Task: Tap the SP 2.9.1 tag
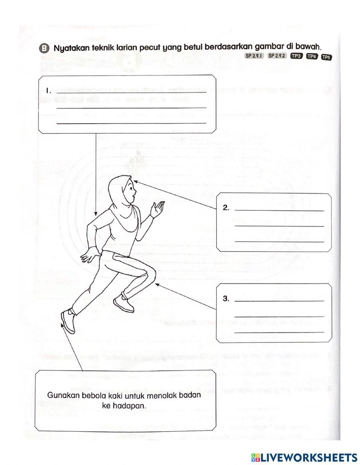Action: pos(255,56)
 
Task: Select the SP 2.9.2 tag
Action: pos(276,56)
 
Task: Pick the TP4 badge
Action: pos(311,56)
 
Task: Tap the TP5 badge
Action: pos(326,57)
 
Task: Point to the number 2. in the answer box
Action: pos(226,208)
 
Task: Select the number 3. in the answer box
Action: pos(226,298)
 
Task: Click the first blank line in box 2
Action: pos(279,211)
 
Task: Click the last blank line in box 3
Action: pos(279,332)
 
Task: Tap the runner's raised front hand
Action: pos(157,210)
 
